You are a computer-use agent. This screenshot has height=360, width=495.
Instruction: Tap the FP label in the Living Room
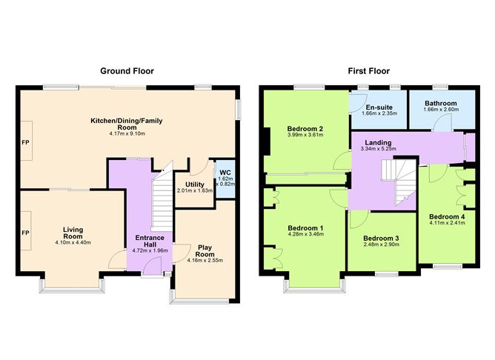(x=25, y=233)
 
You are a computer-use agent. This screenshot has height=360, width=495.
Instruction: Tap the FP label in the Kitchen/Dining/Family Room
(x=25, y=141)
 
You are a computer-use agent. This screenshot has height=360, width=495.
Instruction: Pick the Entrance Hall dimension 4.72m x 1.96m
(x=150, y=250)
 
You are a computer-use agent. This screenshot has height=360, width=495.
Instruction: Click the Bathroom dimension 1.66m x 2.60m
(x=440, y=113)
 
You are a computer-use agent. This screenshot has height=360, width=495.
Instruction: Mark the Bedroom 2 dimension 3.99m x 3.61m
(x=305, y=137)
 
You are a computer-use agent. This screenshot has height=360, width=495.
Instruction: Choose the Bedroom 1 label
(x=305, y=227)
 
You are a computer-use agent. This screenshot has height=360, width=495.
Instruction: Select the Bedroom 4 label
(x=447, y=216)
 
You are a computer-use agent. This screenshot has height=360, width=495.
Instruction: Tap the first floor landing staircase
(x=396, y=181)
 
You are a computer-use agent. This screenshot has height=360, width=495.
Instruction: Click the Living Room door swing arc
(x=116, y=259)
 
